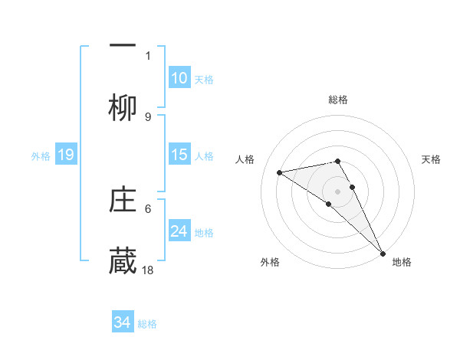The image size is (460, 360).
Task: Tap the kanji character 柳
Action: coord(123,108)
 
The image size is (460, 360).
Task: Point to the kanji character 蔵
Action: coord(123,261)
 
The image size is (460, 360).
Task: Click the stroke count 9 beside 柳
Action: coord(148,117)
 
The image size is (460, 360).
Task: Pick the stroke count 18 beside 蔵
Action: coord(149,270)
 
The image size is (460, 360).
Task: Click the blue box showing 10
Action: coord(179,79)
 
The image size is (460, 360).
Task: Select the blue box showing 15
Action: coord(179,155)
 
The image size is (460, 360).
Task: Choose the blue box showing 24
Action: coord(179,232)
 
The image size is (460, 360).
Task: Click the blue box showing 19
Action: coord(65,155)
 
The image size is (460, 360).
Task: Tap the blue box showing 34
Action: coord(123,322)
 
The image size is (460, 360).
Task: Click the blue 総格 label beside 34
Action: coord(147,324)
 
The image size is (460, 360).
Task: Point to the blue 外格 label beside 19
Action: coord(41,156)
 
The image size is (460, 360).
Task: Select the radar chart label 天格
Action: coord(432,159)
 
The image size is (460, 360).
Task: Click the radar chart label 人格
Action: coord(245,159)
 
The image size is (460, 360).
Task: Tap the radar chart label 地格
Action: coord(402,262)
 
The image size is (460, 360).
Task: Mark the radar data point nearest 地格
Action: coord(383,253)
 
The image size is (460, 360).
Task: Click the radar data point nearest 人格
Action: coord(280,172)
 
